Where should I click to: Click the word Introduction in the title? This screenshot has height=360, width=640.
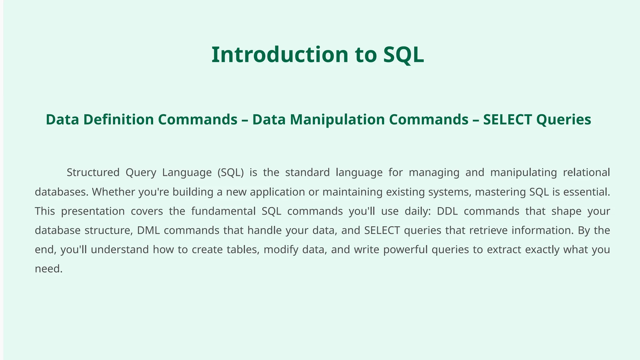[x=280, y=55]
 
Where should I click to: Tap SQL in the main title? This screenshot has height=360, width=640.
[x=403, y=55]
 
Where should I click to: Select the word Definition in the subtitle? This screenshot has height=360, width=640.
[x=118, y=120]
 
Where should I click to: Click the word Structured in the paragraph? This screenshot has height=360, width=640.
[x=93, y=172]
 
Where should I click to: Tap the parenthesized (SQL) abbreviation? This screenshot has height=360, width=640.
[x=231, y=172]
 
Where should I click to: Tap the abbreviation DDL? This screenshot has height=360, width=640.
[x=447, y=211]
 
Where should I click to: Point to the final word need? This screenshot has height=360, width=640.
[x=48, y=269]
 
